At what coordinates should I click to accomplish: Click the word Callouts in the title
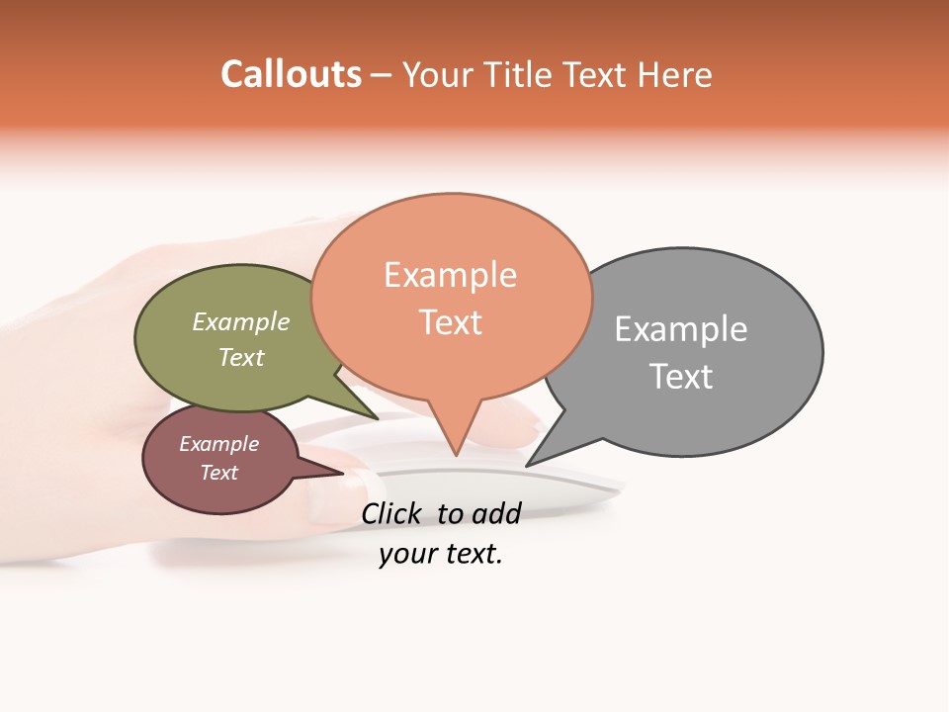click(291, 74)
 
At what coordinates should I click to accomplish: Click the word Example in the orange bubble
click(450, 275)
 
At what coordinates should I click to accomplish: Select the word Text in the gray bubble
click(681, 377)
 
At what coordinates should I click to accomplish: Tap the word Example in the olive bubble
click(241, 322)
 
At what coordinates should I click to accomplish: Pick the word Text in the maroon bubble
click(218, 473)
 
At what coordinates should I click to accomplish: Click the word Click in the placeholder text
click(391, 513)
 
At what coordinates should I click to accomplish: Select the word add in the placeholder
click(496, 513)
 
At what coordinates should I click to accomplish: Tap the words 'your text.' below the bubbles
click(441, 555)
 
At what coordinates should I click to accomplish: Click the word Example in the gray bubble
click(681, 329)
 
